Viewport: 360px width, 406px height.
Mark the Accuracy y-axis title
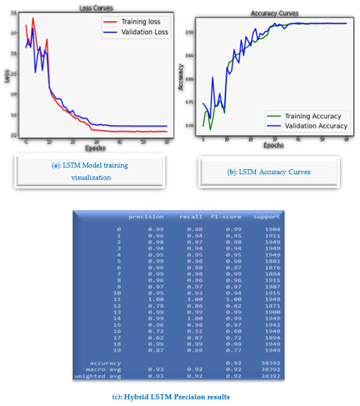pyautogui.click(x=181, y=78)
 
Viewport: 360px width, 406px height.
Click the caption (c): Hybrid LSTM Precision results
pyautogui.click(x=179, y=397)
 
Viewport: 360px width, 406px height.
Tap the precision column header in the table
pyautogui.click(x=146, y=217)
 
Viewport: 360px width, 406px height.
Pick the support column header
pyautogui.click(x=267, y=217)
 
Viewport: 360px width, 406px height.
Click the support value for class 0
pyautogui.click(x=270, y=230)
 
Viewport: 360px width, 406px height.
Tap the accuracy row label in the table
pyautogui.click(x=105, y=362)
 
